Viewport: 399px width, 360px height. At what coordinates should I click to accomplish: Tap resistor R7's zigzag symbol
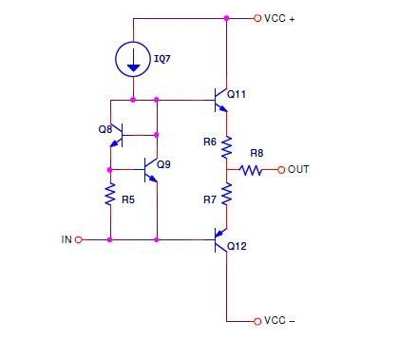click(x=227, y=195)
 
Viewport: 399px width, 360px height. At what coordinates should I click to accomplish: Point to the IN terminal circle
click(x=78, y=240)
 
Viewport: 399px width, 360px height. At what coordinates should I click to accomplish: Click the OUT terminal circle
click(x=281, y=170)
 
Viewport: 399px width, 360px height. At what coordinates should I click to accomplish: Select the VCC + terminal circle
click(x=256, y=18)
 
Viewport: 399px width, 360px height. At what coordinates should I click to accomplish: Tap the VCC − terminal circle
click(x=256, y=321)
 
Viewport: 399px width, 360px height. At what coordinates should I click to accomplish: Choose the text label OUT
click(x=299, y=170)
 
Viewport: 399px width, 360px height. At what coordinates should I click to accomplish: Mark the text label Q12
click(x=238, y=247)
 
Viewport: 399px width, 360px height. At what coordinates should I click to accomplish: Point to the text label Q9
click(x=163, y=164)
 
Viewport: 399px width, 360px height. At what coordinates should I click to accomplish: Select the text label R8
click(x=256, y=153)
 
